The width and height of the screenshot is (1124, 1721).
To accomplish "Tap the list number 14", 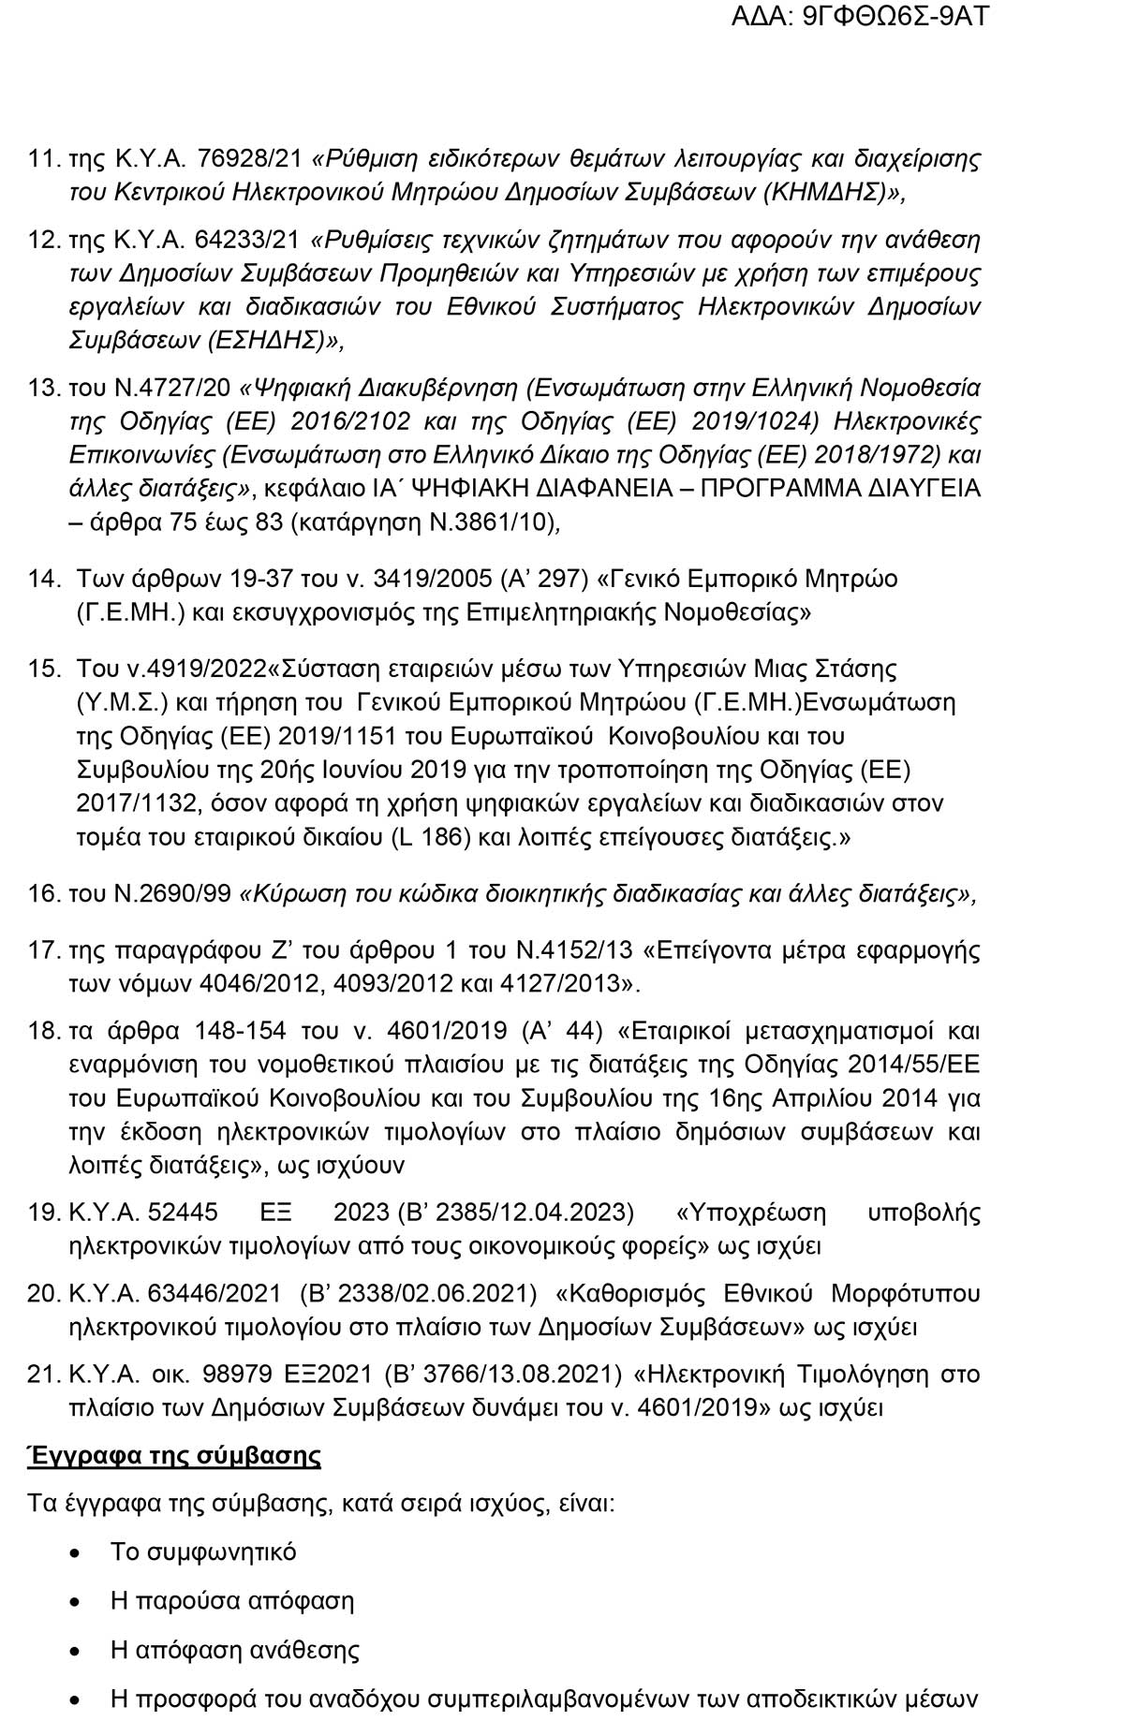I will pos(44,579).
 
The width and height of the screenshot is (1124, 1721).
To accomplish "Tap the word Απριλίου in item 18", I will pos(834,1098).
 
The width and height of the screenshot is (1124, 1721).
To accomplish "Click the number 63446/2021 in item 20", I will pos(214,1294).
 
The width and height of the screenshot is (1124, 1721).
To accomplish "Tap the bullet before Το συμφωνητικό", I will pos(76,1552).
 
